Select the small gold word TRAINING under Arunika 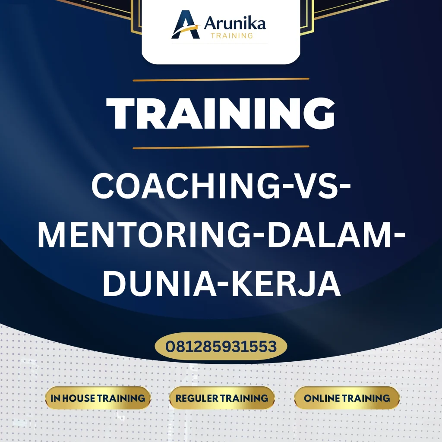click(x=232, y=36)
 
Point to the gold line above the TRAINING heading click(x=221, y=79)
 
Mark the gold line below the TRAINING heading click(x=221, y=147)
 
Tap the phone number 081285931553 click(x=221, y=346)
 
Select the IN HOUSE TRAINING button click(x=98, y=398)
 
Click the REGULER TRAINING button click(x=222, y=398)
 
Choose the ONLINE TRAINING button click(x=347, y=398)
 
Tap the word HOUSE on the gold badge click(x=79, y=398)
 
